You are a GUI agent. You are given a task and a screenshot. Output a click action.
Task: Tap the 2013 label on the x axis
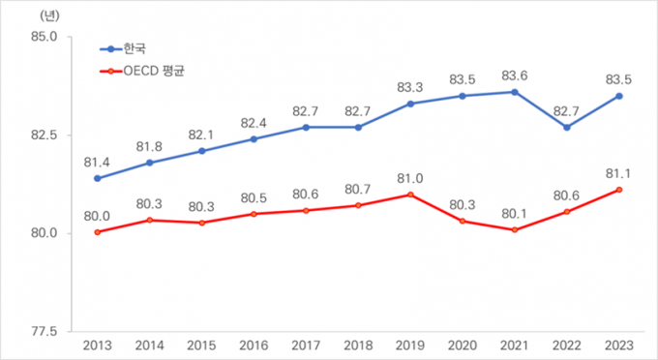97,345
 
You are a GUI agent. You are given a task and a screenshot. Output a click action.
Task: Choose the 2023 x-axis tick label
618,345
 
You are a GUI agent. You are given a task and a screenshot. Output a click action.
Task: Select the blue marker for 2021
515,92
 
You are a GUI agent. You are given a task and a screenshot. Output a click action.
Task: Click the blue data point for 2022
567,127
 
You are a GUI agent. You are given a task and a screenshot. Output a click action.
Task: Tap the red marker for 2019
410,195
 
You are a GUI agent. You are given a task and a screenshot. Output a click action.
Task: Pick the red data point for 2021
515,229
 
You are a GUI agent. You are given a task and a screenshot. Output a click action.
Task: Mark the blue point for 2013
97,178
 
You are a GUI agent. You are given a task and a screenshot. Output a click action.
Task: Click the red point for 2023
618,190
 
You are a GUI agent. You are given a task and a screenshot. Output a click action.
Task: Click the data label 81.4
97,161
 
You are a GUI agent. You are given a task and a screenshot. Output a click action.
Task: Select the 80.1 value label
515,212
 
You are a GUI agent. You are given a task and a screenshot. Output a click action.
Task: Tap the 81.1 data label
618,172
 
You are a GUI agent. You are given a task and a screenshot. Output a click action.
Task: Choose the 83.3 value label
410,86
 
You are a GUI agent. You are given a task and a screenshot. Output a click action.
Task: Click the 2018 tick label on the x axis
358,345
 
